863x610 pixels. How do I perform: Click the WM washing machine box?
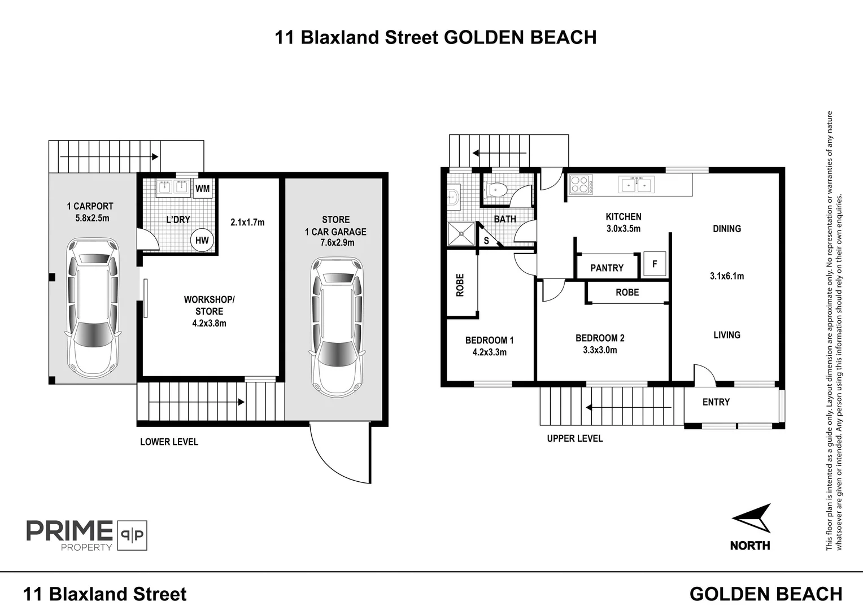(203, 189)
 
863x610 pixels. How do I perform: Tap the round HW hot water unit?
(202, 241)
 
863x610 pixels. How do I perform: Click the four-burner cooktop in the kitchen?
(581, 184)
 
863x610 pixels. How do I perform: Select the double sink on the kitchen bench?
(636, 184)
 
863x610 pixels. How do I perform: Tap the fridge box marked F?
(655, 264)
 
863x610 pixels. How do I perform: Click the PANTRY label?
(607, 268)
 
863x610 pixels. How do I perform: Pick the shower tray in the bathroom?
(461, 233)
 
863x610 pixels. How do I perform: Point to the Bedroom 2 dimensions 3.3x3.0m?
(600, 350)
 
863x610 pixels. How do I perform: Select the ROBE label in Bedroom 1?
(460, 285)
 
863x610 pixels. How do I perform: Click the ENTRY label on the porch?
(716, 402)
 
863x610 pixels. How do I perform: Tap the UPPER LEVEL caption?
(575, 438)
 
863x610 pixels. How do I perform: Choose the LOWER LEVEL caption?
(169, 442)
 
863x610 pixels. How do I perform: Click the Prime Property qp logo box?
(132, 535)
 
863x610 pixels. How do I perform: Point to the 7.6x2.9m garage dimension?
(337, 243)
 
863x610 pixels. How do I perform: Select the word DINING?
(727, 229)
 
